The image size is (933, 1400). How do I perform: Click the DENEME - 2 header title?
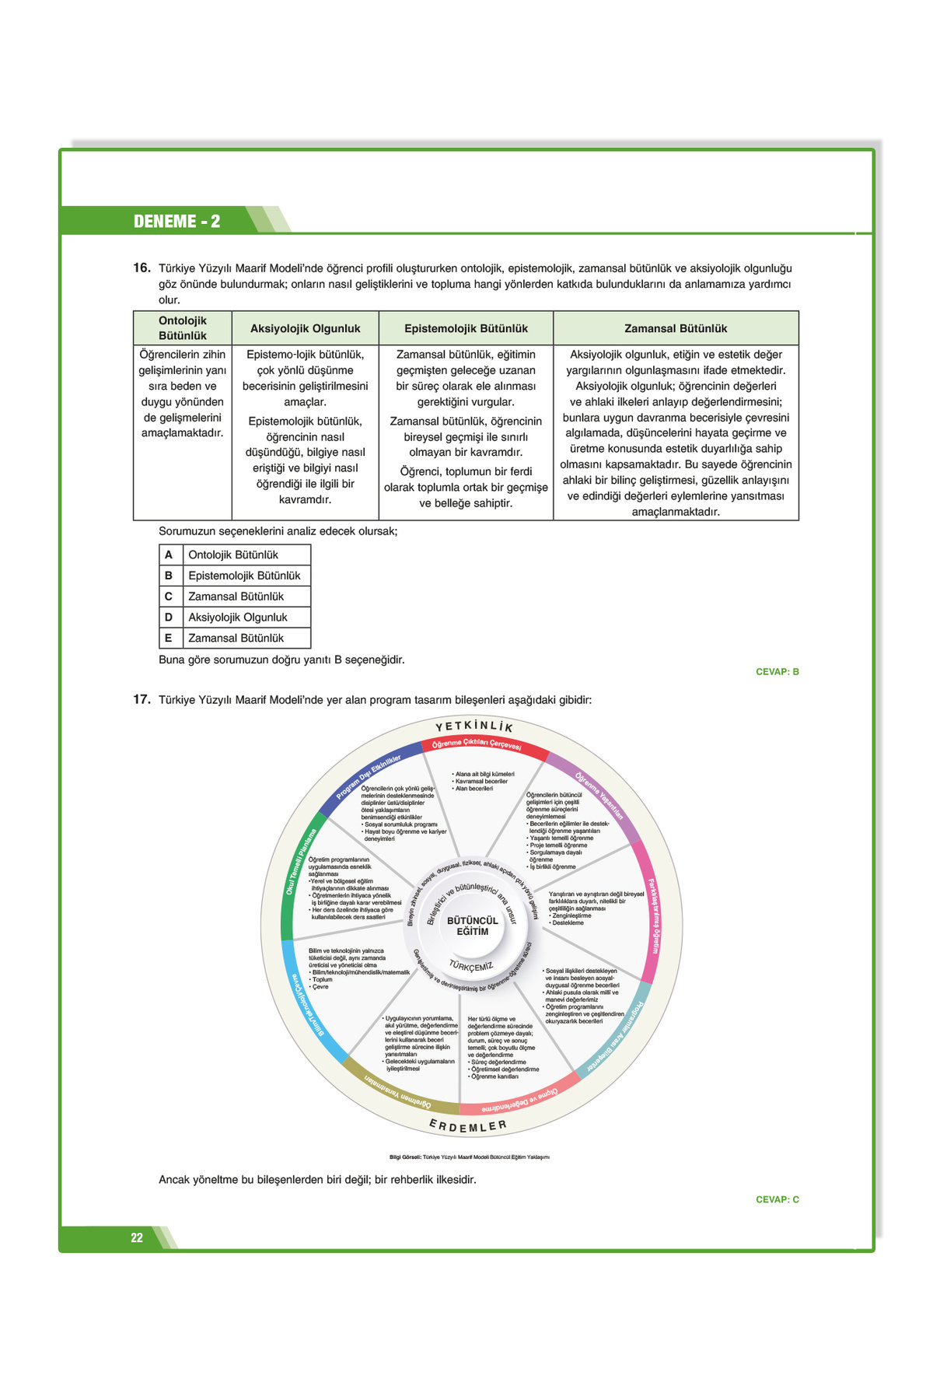pyautogui.click(x=176, y=221)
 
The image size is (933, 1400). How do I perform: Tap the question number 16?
pyautogui.click(x=142, y=268)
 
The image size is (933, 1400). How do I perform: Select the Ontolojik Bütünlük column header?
pyautogui.click(x=183, y=328)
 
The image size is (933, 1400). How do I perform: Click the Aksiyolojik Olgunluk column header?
pyautogui.click(x=306, y=328)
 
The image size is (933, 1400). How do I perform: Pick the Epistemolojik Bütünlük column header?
pyautogui.click(x=466, y=328)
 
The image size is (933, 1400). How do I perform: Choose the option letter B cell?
pyautogui.click(x=169, y=576)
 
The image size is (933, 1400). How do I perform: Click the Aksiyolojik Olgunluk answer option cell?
pyautogui.click(x=238, y=617)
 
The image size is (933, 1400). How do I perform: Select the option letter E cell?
pyautogui.click(x=169, y=638)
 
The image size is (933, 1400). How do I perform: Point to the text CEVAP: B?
pyautogui.click(x=777, y=671)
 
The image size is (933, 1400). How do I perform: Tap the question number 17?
pyautogui.click(x=142, y=699)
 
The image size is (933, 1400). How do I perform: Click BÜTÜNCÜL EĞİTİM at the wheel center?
pyautogui.click(x=472, y=926)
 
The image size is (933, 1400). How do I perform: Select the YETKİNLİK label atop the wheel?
pyautogui.click(x=474, y=726)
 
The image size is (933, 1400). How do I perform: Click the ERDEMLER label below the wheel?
pyautogui.click(x=468, y=1126)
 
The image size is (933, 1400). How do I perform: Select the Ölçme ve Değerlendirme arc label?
pyautogui.click(x=519, y=1101)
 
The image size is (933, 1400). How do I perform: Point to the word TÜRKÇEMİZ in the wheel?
pyautogui.click(x=471, y=966)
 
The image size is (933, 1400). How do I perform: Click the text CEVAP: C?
pyautogui.click(x=777, y=1199)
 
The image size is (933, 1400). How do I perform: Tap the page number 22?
pyautogui.click(x=137, y=1237)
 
